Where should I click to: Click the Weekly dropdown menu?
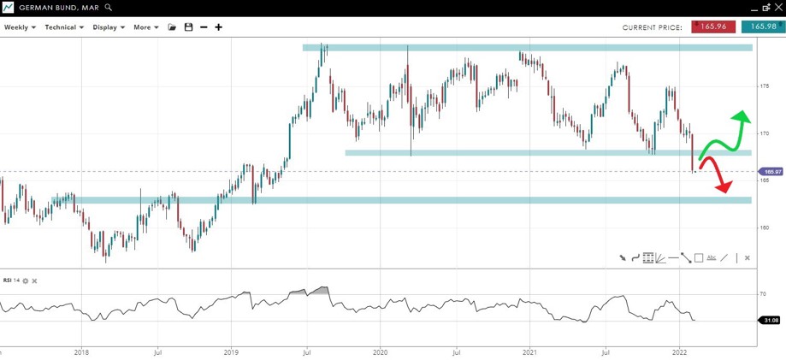click(x=20, y=27)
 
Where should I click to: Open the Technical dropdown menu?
click(x=64, y=27)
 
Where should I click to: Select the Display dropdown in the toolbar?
click(x=109, y=27)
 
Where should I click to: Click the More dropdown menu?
click(x=145, y=27)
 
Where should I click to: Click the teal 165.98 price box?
click(x=760, y=27)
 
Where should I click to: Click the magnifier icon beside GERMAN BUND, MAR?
click(x=109, y=7)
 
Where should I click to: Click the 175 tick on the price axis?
click(x=764, y=86)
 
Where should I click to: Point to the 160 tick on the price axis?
click(x=764, y=227)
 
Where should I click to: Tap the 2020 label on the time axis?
click(x=381, y=351)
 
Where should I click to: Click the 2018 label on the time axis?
click(x=81, y=351)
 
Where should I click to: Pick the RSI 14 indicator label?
click(x=11, y=280)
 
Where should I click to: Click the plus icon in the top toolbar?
click(x=219, y=27)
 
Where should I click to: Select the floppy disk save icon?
click(x=188, y=27)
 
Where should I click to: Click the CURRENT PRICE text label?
click(x=652, y=27)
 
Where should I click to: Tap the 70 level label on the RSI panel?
click(x=762, y=293)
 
